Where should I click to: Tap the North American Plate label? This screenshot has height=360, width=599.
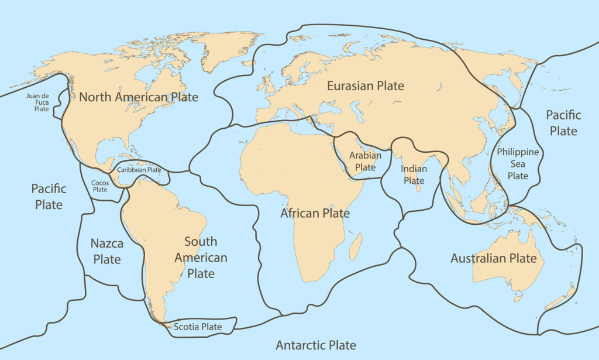coord(139,97)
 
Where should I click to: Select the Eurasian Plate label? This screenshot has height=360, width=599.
coord(366,86)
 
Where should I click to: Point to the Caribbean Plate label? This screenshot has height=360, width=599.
coord(139,170)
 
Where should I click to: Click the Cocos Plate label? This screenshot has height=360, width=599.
coord(100,186)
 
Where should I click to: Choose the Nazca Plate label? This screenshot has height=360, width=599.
coord(106,251)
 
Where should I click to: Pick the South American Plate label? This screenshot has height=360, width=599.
coord(201,258)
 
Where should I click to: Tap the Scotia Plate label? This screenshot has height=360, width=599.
coord(198,327)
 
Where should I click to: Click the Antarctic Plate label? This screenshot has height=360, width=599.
coord(315,345)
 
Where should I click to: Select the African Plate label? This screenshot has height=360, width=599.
coord(315,213)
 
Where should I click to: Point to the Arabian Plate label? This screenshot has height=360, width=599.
coord(365,162)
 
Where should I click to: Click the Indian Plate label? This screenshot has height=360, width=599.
coord(414,174)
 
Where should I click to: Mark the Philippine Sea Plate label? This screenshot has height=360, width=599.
coord(518,164)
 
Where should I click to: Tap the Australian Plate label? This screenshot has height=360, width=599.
coord(493,258)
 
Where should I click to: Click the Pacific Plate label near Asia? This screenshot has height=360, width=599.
coord(563,122)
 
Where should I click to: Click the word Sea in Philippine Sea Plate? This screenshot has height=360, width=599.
coord(518,164)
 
